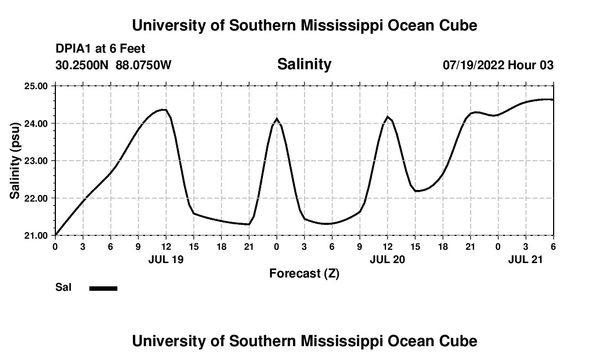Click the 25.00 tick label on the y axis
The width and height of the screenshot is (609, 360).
point(37,86)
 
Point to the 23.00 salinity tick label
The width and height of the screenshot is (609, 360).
point(37,161)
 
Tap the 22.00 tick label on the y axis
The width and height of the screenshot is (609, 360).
point(37,198)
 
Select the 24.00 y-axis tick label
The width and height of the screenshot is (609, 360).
point(37,124)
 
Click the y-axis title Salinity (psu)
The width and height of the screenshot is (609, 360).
point(15,161)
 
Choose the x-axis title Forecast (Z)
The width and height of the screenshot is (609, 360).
point(304,273)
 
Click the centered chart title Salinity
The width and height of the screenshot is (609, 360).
point(304,64)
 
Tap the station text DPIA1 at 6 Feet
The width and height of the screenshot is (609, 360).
point(100,49)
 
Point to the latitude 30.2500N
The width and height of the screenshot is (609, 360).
point(82,65)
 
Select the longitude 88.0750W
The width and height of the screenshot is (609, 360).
point(143,65)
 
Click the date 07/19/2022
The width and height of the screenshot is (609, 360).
point(473,65)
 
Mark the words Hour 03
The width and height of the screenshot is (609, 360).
point(531,65)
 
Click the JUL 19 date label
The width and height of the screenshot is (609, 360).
point(166,259)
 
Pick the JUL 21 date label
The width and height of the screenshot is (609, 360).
point(525,259)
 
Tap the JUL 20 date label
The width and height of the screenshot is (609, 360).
point(387,259)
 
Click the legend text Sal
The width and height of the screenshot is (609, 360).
point(63,287)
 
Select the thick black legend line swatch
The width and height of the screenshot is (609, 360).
point(104,288)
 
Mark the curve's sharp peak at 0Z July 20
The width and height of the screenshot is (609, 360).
point(276,119)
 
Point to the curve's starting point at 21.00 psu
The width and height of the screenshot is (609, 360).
point(55,235)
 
